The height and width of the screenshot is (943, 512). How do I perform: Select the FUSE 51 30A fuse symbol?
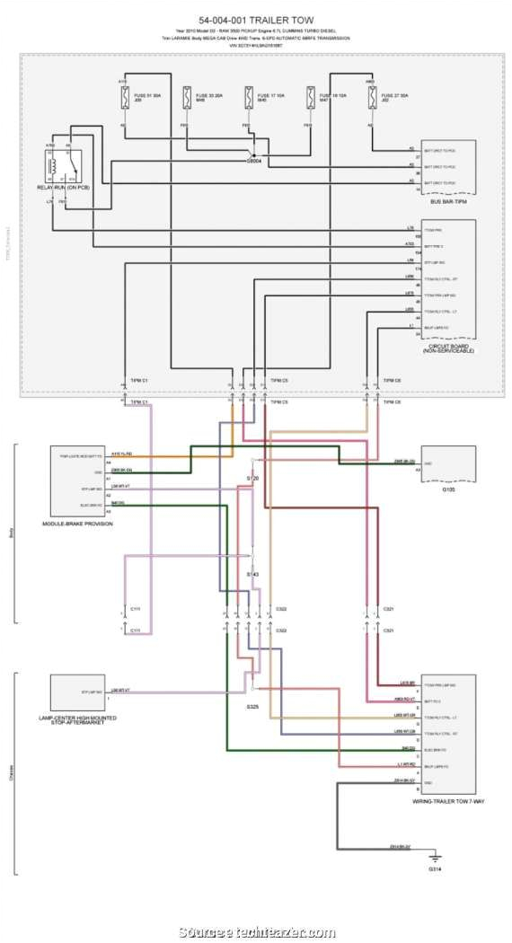point(124,97)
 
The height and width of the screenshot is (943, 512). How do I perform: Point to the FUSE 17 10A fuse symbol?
point(248,97)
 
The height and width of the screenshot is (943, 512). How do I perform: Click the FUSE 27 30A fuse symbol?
point(370,97)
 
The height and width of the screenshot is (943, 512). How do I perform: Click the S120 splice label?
point(252,479)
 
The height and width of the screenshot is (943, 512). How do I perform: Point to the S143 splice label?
point(252,573)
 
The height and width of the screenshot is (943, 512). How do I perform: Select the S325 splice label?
point(252,707)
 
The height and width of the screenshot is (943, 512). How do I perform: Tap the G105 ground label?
point(447,490)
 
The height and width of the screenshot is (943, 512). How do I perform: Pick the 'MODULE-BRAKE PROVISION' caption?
point(77,523)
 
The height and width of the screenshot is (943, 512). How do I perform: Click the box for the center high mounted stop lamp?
point(77,692)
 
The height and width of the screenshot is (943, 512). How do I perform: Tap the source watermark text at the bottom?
point(256,933)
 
